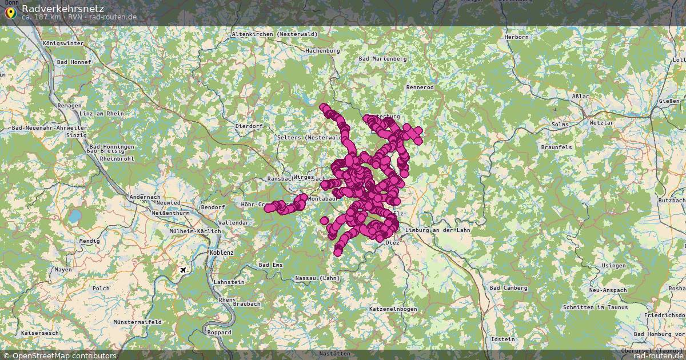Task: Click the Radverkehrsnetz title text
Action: click(x=63, y=8)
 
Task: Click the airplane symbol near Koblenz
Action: click(x=183, y=270)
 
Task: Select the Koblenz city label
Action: click(x=222, y=252)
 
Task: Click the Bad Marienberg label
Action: click(x=382, y=59)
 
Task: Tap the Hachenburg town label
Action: click(x=322, y=51)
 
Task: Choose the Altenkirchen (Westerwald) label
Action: click(x=274, y=34)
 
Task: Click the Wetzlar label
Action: click(x=601, y=123)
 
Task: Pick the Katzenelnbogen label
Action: click(x=393, y=309)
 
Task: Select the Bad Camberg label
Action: click(x=508, y=288)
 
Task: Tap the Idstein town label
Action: click(x=503, y=339)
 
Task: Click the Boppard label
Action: click(x=220, y=333)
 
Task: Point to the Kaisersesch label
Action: click(x=37, y=333)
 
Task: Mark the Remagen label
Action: click(x=70, y=106)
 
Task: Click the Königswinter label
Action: click(x=63, y=43)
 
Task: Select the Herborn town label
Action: click(x=516, y=37)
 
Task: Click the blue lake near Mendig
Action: click(x=74, y=217)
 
